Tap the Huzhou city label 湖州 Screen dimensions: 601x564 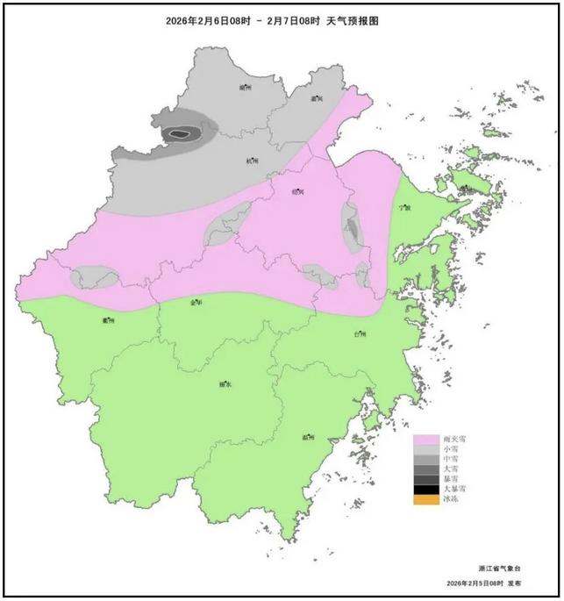(245, 89)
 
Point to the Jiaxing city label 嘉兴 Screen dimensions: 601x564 (318, 99)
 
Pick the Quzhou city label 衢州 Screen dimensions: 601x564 (109, 320)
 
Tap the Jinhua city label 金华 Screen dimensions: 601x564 (196, 302)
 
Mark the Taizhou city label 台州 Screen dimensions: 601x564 (360, 334)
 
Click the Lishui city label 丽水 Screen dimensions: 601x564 (225, 383)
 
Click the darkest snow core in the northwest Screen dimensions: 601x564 (180, 134)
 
